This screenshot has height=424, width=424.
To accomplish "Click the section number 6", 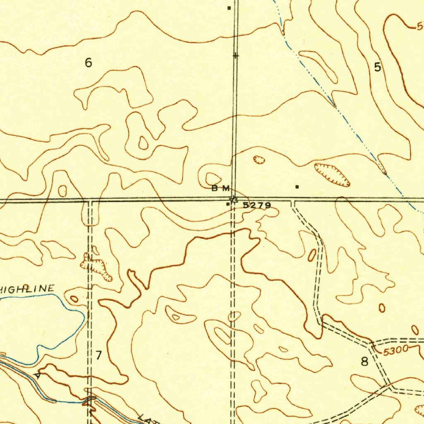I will [88, 63].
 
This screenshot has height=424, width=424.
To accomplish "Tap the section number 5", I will [377, 67].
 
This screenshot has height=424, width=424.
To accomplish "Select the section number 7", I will [99, 355].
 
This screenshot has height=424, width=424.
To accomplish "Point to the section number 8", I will [364, 361].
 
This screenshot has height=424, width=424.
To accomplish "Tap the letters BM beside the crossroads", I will [220, 189].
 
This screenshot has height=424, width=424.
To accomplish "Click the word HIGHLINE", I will [27, 289].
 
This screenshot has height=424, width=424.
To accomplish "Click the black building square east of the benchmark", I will [297, 187].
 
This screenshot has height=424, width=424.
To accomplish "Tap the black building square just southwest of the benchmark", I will [228, 204].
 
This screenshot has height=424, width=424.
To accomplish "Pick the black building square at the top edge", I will [229, 7].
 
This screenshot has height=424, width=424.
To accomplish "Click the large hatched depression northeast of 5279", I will [332, 174].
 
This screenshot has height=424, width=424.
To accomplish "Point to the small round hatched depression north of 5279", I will [259, 160].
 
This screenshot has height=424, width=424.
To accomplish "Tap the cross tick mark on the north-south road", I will [235, 55].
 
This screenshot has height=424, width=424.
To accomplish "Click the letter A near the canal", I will [38, 376].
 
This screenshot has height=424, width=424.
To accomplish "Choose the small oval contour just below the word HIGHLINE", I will [74, 299].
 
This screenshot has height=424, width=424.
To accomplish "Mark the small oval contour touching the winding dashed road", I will [312, 255].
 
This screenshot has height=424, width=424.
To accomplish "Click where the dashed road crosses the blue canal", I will [89, 400].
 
